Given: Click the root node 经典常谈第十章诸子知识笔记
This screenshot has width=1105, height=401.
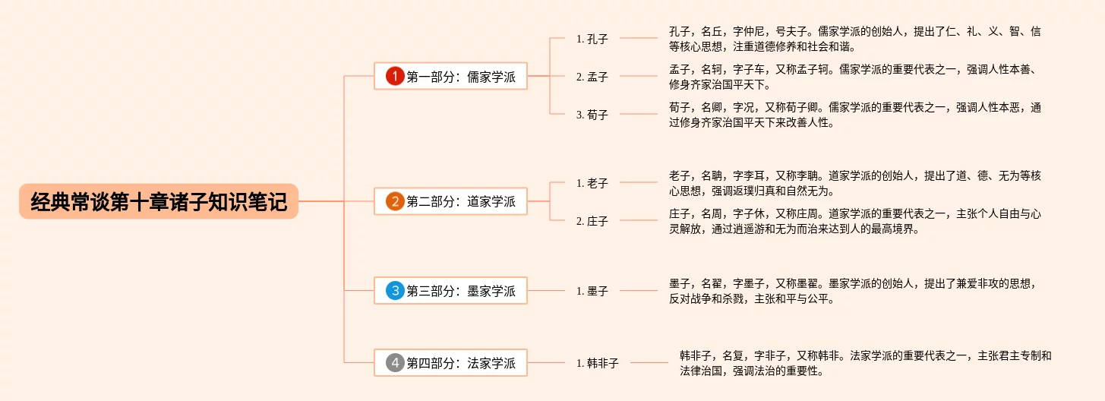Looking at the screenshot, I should pos(159,202).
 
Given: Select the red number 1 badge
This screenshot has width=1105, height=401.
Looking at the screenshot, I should pos(395,76).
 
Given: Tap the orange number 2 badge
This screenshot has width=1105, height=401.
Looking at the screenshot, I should pos(395,201).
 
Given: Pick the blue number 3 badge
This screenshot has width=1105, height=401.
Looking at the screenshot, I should pos(395,290).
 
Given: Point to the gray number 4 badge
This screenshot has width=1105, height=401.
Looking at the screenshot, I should pos(395,363).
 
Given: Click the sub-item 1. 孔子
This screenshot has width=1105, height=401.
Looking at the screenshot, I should pos(592,39).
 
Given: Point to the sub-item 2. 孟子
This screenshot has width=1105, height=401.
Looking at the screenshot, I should pos(592,77).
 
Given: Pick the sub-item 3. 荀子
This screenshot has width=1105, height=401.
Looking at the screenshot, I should pos(592,115).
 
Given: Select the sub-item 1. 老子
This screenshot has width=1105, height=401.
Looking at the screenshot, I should pos(592,183).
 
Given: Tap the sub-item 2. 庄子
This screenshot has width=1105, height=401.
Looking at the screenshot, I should pos(592,221).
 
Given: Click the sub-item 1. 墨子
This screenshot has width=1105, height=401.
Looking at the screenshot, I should pos(592,291).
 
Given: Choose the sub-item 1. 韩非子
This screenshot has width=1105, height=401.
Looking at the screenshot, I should pos(597,363).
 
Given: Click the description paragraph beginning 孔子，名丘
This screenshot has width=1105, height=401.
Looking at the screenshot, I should pos(854,39).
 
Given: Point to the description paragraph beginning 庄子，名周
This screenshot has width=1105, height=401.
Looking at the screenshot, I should pos(854,221).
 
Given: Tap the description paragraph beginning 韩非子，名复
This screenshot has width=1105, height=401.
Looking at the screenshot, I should pos(865,363).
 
